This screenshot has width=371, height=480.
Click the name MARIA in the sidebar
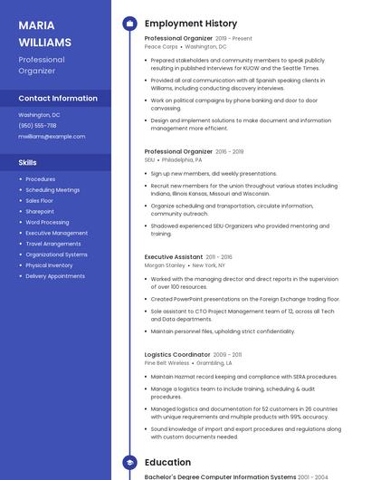click(36, 25)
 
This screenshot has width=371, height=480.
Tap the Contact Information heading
click(58, 98)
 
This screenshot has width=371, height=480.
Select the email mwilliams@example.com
click(52, 136)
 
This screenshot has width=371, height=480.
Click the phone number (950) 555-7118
click(37, 126)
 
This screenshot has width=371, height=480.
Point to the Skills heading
click(28, 162)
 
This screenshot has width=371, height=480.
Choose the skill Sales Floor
click(40, 200)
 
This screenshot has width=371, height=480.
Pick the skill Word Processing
click(47, 222)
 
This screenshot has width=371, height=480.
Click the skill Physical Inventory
click(49, 265)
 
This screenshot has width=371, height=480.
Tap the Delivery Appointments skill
click(55, 276)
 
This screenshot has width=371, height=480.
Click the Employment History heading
click(191, 24)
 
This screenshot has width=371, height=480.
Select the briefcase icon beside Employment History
click(129, 24)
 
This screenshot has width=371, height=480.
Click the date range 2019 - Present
click(233, 39)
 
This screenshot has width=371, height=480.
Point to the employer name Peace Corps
click(161, 46)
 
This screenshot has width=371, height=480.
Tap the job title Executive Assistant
click(174, 257)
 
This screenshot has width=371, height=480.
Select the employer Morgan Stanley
click(165, 265)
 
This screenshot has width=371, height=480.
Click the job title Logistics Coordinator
click(177, 355)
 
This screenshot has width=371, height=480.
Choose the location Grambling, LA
click(215, 363)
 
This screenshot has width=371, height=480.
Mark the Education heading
click(167, 463)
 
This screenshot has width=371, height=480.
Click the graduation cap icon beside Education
click(129, 463)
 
